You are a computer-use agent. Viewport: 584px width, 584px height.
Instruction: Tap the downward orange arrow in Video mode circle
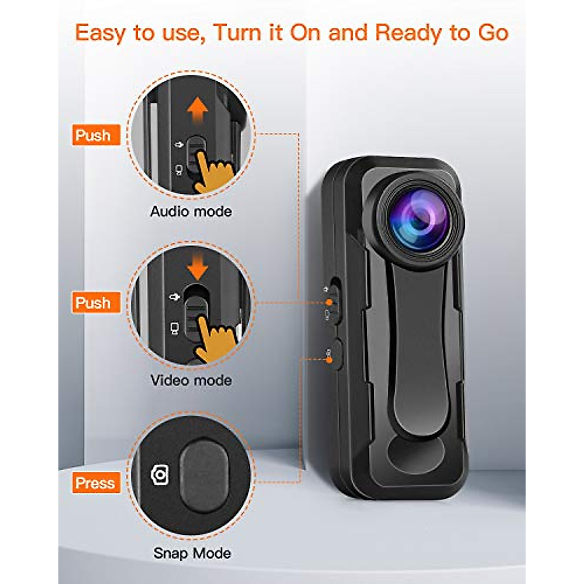197,268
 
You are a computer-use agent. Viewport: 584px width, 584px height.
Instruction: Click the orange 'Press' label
95,483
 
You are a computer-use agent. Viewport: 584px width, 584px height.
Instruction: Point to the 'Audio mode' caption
191,211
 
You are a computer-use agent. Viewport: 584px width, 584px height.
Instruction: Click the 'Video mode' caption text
191,380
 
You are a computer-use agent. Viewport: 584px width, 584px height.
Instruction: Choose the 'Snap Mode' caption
192,553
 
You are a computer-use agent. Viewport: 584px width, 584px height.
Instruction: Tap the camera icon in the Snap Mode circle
160,474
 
